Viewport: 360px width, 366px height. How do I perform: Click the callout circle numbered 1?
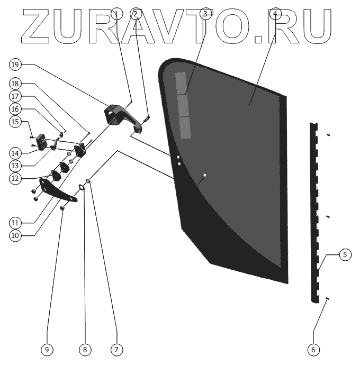(118, 13)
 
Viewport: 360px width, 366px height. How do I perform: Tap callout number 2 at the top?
(136, 13)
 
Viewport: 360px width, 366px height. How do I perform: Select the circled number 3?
(206, 13)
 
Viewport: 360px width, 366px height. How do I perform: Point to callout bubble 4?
(274, 13)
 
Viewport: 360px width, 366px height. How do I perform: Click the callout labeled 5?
(344, 255)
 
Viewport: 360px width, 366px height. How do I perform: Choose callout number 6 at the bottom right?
(313, 350)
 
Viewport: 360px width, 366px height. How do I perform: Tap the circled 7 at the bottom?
(116, 350)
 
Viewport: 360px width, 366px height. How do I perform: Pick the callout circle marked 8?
(84, 350)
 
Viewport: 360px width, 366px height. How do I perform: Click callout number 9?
(47, 350)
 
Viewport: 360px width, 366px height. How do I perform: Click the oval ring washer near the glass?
(83, 186)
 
